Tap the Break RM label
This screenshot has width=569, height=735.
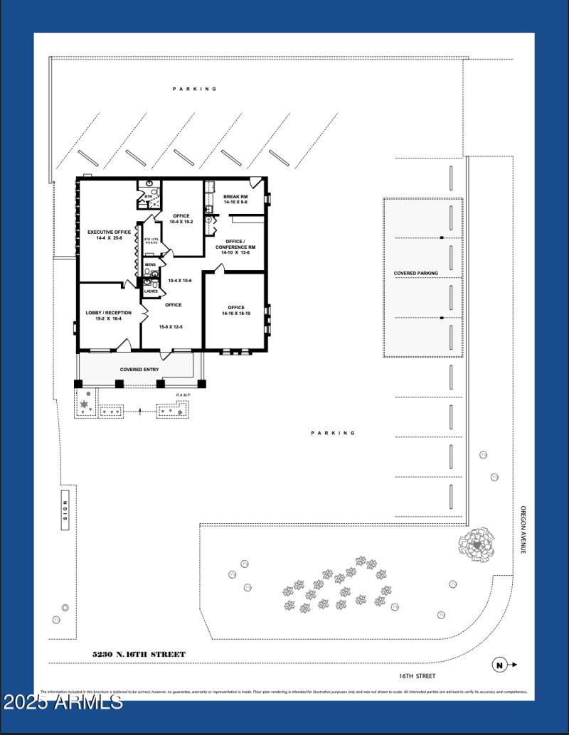(235, 197)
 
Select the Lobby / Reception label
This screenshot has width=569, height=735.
(104, 313)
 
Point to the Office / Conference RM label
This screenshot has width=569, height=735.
(235, 244)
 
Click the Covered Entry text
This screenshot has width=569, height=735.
(139, 370)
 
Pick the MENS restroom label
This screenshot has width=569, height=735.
(150, 265)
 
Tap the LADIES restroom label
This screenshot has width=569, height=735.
(151, 291)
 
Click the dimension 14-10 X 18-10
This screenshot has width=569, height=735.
(235, 313)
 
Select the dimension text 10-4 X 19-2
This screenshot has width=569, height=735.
(181, 222)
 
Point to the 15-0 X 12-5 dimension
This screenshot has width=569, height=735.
(171, 327)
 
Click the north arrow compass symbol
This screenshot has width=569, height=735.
(500, 665)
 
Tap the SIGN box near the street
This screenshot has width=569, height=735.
(64, 510)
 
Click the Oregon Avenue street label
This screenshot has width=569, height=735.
(523, 530)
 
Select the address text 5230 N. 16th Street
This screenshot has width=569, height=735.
(139, 654)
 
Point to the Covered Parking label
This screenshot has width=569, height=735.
(416, 273)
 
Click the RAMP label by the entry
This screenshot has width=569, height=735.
(184, 395)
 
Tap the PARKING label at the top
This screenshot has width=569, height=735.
(194, 89)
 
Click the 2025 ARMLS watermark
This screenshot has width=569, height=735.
(62, 703)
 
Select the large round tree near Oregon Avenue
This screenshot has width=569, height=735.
(476, 545)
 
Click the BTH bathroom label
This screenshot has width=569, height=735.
(148, 196)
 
